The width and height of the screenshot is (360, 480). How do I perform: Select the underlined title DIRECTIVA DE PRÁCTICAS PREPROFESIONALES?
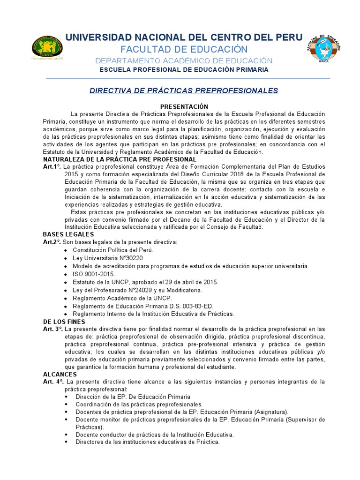(x=184, y=90)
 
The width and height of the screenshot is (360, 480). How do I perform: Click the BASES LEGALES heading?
(x=68, y=234)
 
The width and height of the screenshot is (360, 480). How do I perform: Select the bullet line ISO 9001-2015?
(x=93, y=274)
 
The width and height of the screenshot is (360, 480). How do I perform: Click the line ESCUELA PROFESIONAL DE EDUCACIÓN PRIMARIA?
(x=184, y=69)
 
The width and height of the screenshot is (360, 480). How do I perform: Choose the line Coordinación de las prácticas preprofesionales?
(x=139, y=405)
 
